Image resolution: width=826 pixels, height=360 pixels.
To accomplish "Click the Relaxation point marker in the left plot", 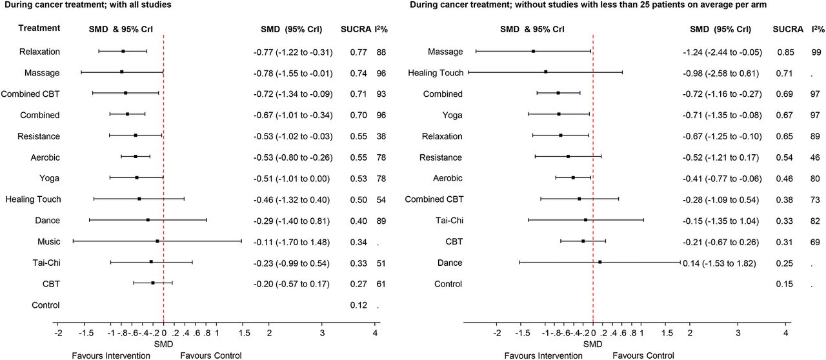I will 123,51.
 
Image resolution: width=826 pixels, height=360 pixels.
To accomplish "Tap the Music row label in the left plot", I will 48,242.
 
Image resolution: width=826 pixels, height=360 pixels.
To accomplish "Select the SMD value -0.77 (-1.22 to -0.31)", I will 292,52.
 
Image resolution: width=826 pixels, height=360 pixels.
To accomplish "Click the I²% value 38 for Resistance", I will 381,136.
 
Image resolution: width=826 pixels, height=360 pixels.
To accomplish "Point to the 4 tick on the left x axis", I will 375,333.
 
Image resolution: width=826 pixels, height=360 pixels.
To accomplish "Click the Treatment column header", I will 39,28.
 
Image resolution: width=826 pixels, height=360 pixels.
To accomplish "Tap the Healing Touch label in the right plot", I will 436,73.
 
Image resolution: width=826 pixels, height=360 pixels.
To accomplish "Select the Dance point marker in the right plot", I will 600,262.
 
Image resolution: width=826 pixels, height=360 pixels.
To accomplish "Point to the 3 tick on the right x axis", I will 738,333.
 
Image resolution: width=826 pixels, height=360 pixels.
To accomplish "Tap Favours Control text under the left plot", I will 211,355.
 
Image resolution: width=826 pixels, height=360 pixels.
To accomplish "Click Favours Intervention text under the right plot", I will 543,355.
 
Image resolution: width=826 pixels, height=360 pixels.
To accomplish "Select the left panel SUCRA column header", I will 354,30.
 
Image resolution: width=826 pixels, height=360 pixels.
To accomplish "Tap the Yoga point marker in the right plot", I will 559,114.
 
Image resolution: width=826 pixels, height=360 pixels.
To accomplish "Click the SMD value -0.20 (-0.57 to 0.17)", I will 292,283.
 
